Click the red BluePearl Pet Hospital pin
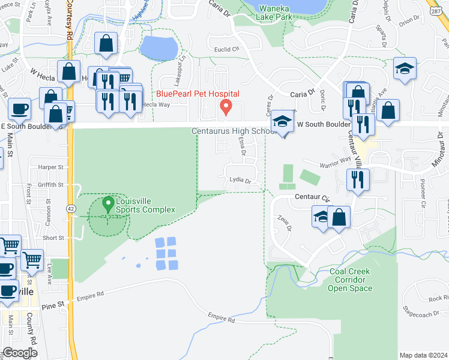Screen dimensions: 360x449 [226, 107]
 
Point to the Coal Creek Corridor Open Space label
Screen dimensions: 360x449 [350, 280]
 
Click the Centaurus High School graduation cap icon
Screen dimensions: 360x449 [282, 121]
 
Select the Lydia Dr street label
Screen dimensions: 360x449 [239, 181]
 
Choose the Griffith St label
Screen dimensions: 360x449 [50, 185]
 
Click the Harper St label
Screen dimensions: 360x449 [50, 167]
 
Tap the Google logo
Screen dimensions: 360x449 [20, 353]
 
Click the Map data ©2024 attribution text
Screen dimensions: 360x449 [423, 355]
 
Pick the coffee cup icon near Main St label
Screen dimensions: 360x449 [19, 109]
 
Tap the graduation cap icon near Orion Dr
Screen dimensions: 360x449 [405, 69]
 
